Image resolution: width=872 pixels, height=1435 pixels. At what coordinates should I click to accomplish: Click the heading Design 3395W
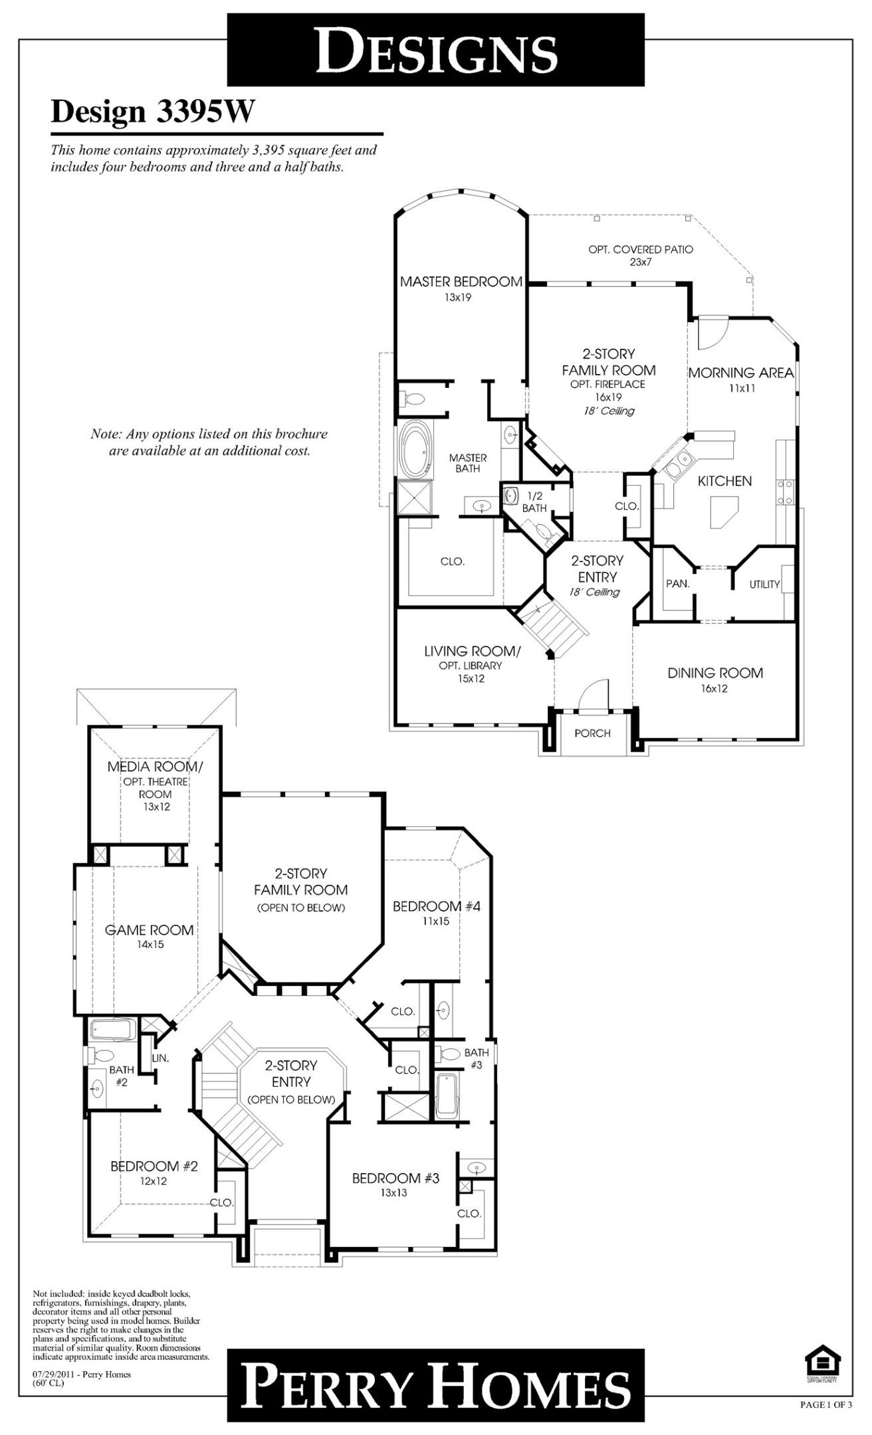pos(153,112)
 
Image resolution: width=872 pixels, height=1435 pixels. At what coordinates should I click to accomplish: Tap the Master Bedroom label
pos(461,282)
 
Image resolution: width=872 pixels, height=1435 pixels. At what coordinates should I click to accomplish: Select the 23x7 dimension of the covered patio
pos(640,262)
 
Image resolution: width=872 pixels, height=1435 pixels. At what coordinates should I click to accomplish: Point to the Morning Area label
pos(740,373)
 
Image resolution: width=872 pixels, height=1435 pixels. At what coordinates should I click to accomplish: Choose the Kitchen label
pos(724,481)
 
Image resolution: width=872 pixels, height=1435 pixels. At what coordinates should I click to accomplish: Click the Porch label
pos(592,733)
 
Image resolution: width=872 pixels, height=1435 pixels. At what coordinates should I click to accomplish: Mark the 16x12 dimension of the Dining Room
pos(713,689)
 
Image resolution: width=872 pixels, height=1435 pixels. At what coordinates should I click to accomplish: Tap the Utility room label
pos(764,585)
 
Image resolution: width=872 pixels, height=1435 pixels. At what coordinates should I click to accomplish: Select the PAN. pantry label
pos(678,584)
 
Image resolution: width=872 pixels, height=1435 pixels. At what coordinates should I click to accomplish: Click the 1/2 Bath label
pos(534,502)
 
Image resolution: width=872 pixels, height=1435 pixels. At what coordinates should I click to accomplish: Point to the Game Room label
pos(150,930)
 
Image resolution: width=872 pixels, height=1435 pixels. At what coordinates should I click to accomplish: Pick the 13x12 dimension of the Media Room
pos(155,807)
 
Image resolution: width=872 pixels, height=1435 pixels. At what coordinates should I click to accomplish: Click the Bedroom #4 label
pos(436,906)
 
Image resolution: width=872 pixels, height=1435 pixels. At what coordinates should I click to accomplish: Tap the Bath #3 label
pos(477,1058)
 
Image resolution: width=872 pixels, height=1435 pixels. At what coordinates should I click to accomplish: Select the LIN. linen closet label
pos(160,1058)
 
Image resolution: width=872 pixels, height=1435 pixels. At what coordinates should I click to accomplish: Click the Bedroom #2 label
pos(154,1166)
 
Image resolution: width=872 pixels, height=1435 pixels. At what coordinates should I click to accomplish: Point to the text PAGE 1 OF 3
pos(825,1387)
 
